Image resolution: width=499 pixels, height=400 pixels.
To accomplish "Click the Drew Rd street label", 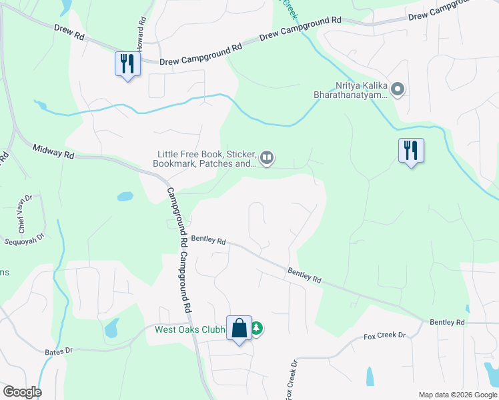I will coord(69,33).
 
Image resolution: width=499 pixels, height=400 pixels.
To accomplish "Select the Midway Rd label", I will coord(53,153).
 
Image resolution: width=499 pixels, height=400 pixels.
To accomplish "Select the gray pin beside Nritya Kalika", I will coord(398,88).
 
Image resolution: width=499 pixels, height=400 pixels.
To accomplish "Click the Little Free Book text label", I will coord(204,157).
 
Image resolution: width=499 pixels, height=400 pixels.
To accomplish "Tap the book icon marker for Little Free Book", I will coord(266,157).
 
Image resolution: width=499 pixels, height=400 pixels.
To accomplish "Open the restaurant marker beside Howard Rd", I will coord(125,64).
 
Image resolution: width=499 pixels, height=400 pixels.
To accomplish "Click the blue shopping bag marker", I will coord(239,328).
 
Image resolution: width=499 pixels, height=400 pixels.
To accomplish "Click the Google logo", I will coord(22,392).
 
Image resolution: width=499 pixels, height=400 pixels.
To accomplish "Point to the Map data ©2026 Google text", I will coord(457,395).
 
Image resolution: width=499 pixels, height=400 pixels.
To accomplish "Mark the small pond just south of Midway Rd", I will coord(125,197).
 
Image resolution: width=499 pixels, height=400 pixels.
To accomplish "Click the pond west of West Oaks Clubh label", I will coord(111,327).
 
